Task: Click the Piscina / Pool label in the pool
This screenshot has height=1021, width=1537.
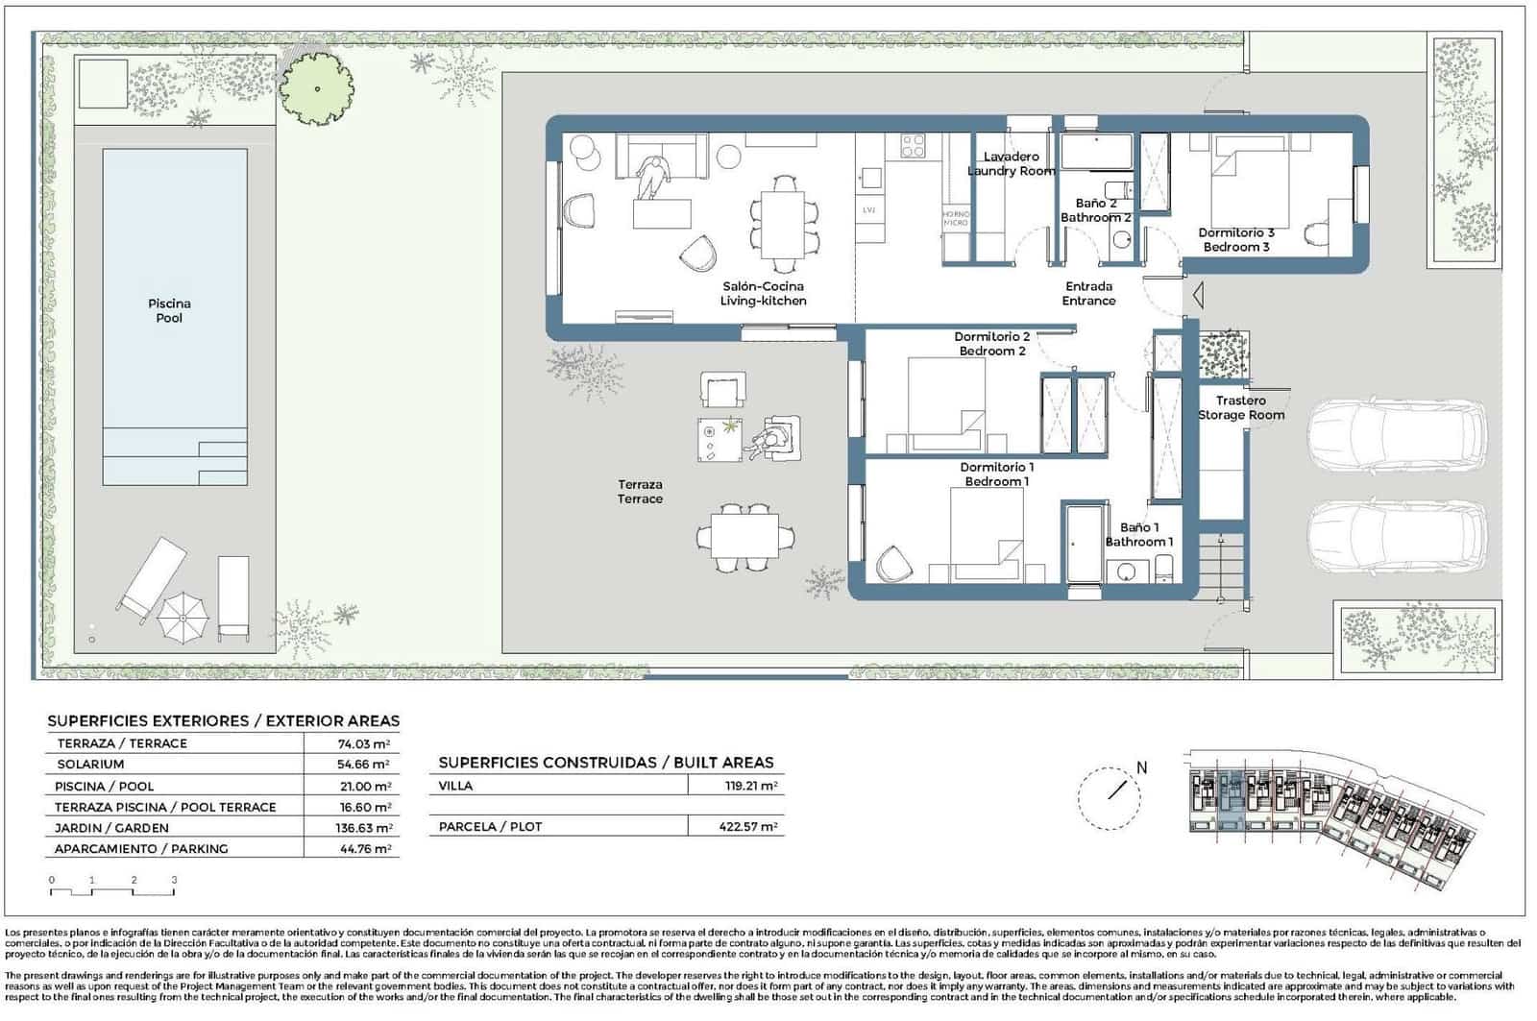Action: [169, 310]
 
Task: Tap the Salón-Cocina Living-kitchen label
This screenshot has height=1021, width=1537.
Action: [763, 293]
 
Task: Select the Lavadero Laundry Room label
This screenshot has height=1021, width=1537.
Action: [1011, 163]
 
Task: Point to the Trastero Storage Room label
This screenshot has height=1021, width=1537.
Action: [1240, 407]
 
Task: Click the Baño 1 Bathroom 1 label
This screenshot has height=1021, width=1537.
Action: [1138, 534]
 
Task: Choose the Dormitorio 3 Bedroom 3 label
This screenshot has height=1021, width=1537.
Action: [1235, 239]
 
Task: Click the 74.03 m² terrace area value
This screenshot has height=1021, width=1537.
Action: [366, 743]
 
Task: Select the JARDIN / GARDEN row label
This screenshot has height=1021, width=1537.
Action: [111, 828]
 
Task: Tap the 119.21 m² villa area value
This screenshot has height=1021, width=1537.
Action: [750, 786]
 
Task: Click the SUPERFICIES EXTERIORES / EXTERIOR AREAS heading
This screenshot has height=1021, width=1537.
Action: [223, 720]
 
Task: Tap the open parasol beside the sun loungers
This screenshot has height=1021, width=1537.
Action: [183, 618]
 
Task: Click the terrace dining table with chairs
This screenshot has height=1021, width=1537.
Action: [744, 536]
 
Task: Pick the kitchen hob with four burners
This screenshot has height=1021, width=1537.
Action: [913, 146]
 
